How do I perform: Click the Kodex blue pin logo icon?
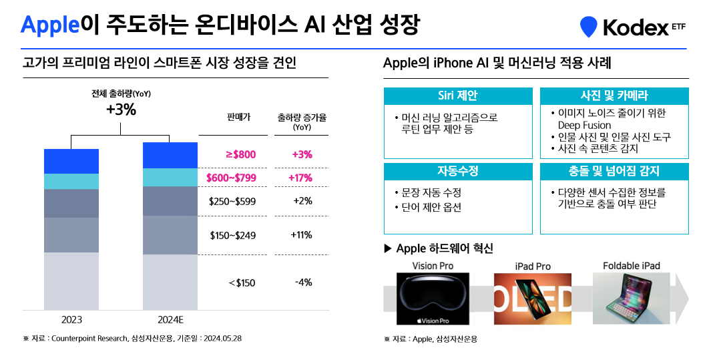click(588, 26)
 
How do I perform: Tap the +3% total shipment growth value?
click(121, 110)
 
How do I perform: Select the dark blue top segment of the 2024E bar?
click(170, 155)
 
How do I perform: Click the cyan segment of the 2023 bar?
click(71, 181)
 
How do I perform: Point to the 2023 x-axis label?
click(71, 319)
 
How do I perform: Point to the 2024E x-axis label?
click(170, 319)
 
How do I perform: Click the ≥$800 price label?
click(240, 155)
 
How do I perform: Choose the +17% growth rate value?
click(302, 178)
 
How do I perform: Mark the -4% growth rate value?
click(303, 283)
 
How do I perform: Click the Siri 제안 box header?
click(457, 96)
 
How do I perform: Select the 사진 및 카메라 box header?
click(614, 96)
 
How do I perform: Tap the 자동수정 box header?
click(457, 171)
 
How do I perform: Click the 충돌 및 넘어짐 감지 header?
click(614, 171)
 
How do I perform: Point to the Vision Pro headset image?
click(433, 299)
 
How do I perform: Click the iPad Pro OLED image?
click(533, 299)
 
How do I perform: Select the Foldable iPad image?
click(631, 299)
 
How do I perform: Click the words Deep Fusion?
click(584, 125)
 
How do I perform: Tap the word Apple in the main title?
click(49, 25)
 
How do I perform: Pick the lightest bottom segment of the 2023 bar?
click(71, 281)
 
